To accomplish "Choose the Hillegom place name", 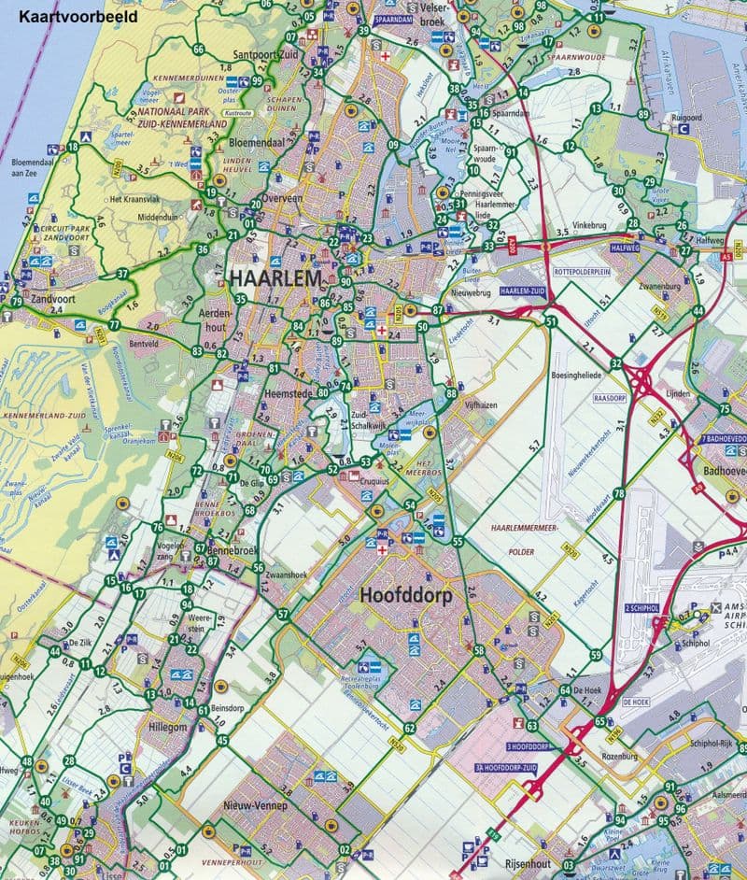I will point(168,726).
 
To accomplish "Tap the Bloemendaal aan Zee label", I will point(34,166).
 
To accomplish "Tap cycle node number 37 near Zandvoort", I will point(122,274).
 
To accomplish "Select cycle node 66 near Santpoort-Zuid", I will point(198,49).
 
